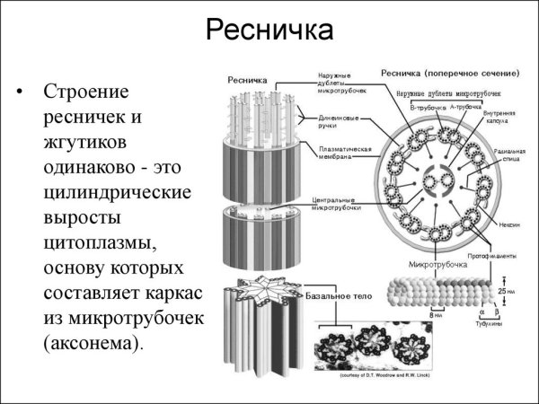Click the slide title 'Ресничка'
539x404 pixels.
tap(269, 31)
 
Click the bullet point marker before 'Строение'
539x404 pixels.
tap(20, 92)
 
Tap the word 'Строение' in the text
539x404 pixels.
tap(85, 92)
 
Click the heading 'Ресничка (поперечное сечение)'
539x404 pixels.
tap(450, 73)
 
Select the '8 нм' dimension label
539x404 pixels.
tap(435, 315)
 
